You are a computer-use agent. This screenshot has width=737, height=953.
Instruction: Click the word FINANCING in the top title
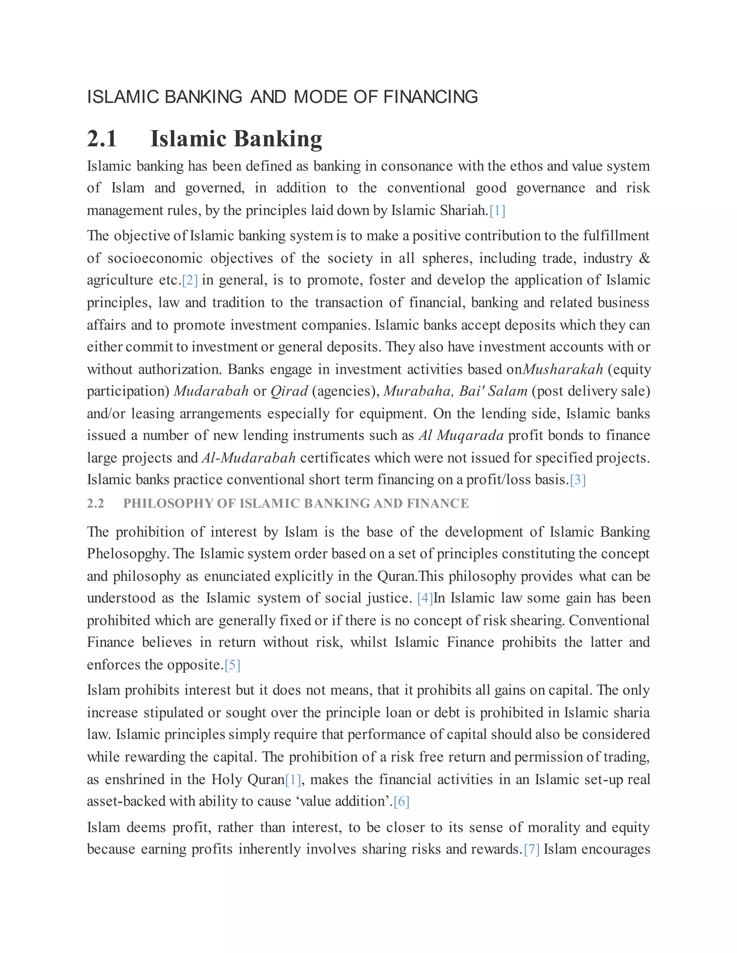430,97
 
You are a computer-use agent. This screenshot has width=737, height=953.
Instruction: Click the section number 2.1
102,139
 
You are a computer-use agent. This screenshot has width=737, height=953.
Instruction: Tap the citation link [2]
190,280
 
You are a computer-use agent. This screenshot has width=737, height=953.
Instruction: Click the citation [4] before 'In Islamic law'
425,598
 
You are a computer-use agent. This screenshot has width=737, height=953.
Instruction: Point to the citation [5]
232,665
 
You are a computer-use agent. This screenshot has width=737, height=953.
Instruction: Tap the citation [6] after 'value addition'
401,802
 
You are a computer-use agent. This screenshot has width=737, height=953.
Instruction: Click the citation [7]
532,849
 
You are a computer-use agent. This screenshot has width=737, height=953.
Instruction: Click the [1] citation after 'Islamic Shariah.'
497,211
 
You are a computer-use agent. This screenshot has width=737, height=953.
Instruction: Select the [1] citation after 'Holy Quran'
293,780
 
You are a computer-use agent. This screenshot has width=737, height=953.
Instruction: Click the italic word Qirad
289,391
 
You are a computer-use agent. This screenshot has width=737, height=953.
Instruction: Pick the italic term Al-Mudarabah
248,458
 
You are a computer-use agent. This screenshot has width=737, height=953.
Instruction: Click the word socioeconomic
155,258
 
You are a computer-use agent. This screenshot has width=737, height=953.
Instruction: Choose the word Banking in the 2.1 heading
278,139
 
